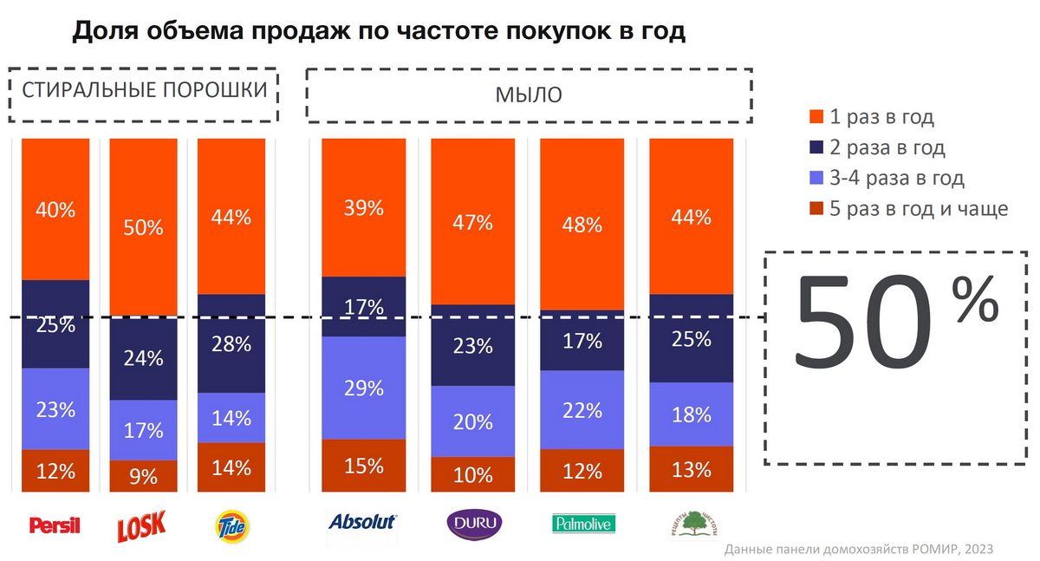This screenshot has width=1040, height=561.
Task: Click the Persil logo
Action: (x=55, y=525)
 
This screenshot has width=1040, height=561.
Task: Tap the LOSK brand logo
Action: (x=142, y=524)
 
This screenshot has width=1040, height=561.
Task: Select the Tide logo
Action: (x=232, y=524)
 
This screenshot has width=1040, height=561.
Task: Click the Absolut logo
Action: (x=362, y=522)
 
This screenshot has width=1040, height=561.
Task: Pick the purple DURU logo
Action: (x=473, y=524)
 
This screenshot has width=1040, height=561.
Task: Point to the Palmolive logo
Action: (x=582, y=524)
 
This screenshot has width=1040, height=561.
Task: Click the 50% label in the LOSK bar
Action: (x=143, y=228)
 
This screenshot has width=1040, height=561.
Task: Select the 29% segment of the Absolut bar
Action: (x=363, y=388)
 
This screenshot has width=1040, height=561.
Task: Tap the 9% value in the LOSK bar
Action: (x=143, y=475)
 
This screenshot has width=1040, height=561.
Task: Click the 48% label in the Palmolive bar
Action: (x=582, y=225)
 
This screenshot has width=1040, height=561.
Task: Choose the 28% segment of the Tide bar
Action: (x=231, y=343)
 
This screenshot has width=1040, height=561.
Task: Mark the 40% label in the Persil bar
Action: (x=55, y=209)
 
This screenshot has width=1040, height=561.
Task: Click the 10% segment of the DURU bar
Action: (x=472, y=474)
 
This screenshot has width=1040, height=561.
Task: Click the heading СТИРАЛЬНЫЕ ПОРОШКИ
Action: (x=144, y=91)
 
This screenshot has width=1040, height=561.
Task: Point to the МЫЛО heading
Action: (x=529, y=95)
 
